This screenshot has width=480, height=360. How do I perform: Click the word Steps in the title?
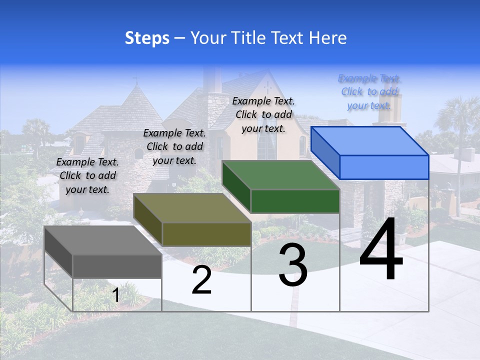(147, 38)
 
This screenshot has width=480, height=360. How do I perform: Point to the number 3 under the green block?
(293, 265)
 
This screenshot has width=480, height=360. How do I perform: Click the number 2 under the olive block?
(201, 280)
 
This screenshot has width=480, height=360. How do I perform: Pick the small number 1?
(116, 295)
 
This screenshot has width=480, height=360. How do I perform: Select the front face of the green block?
(295, 201)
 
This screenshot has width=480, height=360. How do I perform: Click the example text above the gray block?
(87, 175)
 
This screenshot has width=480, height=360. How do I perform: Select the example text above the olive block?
(174, 146)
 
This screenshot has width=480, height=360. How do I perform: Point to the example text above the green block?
(263, 114)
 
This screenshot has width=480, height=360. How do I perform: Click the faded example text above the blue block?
(369, 91)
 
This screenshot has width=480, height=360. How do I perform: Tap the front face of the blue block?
(384, 167)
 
